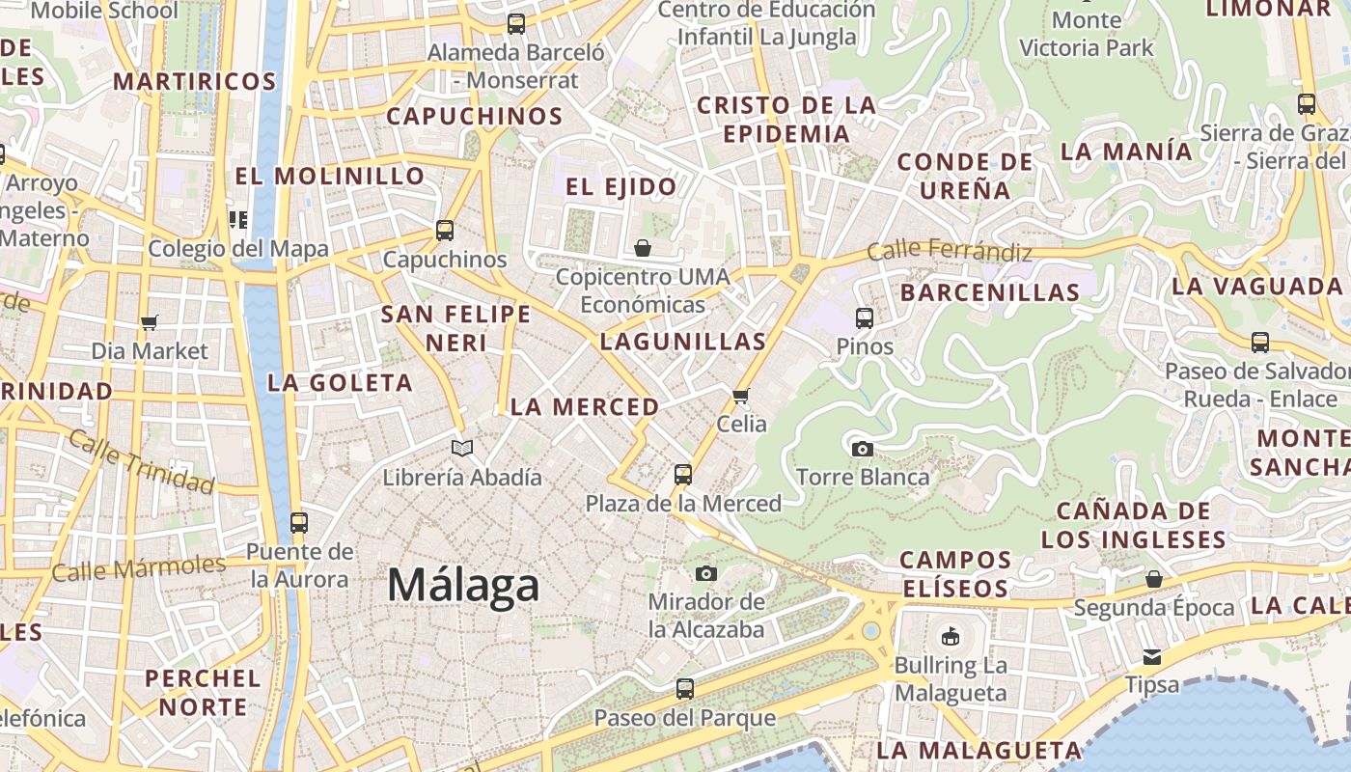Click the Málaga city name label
point(463,586)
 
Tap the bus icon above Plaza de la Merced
point(683,474)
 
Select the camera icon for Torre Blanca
point(863,449)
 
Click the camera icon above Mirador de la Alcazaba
point(706,573)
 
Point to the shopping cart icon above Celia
point(741,396)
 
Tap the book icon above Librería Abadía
point(463,448)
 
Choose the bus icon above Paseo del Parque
point(684,689)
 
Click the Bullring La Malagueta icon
point(951,636)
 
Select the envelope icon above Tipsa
point(1152,657)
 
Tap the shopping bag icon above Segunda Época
point(1153,579)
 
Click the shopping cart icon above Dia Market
point(149,322)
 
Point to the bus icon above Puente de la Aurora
point(299,522)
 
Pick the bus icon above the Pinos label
point(865,317)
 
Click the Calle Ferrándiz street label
point(950,252)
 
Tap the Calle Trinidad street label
point(141,460)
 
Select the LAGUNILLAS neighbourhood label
point(683,342)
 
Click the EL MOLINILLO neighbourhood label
point(330,177)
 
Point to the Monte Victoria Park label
point(1087,34)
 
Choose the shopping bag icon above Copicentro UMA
point(643,249)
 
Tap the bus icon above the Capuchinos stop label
point(445,231)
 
